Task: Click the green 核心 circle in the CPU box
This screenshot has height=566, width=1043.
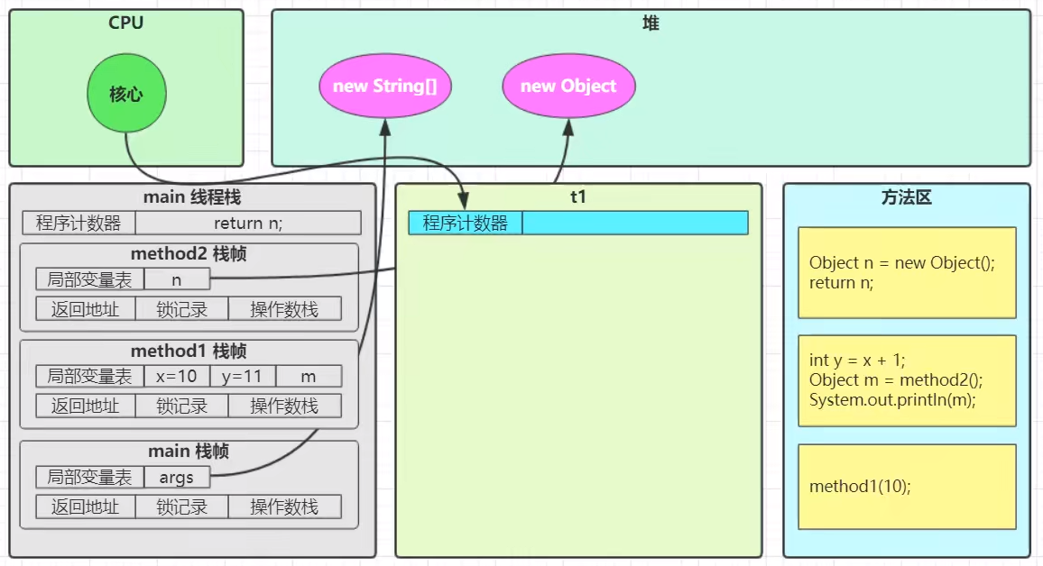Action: [126, 93]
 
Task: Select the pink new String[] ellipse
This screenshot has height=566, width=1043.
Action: [385, 86]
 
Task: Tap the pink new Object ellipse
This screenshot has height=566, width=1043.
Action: [568, 86]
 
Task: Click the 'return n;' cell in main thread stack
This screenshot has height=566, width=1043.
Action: [248, 224]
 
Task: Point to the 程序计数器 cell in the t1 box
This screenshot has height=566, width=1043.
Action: [466, 224]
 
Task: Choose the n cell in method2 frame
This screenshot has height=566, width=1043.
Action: [176, 279]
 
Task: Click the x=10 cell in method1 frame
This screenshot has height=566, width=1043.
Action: [176, 376]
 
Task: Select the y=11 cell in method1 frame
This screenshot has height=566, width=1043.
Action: [242, 376]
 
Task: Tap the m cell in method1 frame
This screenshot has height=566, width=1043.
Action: [308, 376]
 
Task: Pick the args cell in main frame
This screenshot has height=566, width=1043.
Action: [176, 477]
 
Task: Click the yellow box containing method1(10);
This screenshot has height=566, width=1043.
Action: [907, 487]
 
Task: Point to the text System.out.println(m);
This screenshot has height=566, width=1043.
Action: [892, 400]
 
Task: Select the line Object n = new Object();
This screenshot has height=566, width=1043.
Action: [902, 263]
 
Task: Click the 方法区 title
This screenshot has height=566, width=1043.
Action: [906, 197]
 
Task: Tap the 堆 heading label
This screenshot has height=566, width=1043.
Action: [651, 23]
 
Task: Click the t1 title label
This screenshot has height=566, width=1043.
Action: [578, 196]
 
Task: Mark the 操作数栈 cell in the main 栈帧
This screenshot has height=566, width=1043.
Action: [285, 507]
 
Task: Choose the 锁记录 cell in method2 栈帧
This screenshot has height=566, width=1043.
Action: [181, 309]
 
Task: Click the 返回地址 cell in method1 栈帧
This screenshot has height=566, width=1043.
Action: [85, 406]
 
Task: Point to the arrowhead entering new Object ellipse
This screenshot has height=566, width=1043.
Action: [568, 127]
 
